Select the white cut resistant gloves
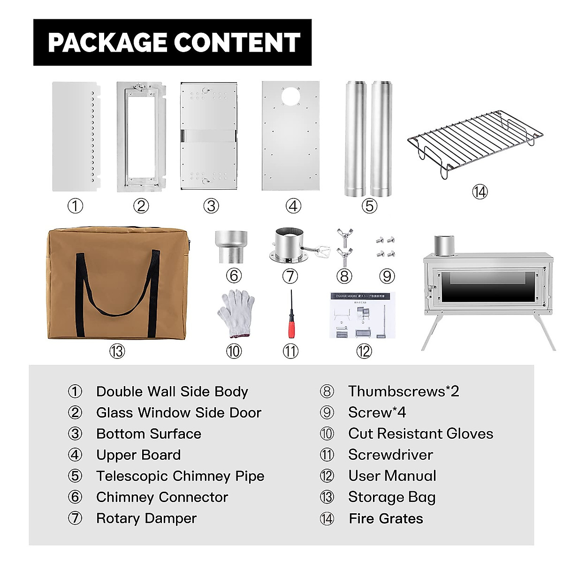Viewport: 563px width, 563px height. [236, 313]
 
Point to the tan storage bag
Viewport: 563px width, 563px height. [117, 284]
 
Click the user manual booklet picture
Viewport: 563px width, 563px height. [363, 315]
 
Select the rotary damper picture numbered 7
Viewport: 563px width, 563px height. [289, 245]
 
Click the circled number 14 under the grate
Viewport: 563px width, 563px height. [479, 192]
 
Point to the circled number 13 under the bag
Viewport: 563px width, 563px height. [117, 351]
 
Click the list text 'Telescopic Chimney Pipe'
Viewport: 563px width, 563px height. [180, 476]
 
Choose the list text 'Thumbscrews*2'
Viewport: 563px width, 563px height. [403, 391]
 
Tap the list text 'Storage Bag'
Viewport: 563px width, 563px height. [392, 497]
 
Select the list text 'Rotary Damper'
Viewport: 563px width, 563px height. [146, 518]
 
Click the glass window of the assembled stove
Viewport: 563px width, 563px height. [488, 286]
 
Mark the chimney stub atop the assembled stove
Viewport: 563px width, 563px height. [443, 244]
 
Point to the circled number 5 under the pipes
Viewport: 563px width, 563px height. [369, 205]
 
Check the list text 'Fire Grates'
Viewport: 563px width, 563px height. [386, 519]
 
